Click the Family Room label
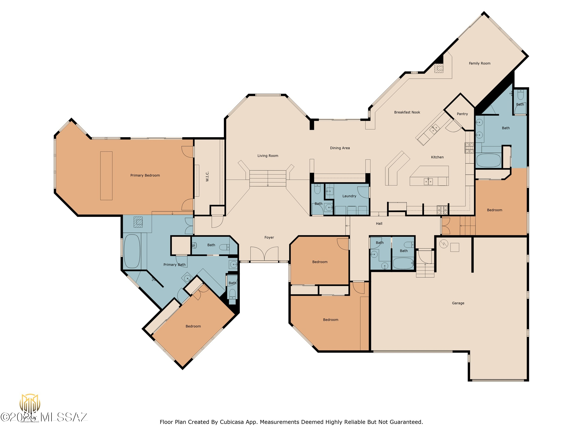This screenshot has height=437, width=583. [x=479, y=63]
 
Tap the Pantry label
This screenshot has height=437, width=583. [x=462, y=114]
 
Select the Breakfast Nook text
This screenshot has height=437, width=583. [x=407, y=112]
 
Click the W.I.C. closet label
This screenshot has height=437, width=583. [x=207, y=176]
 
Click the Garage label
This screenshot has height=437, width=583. [x=458, y=303]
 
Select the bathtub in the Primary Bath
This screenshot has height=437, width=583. [x=132, y=251]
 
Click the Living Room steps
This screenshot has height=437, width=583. [x=268, y=178]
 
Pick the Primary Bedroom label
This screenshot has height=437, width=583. [x=145, y=175]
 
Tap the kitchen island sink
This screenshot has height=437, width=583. [x=428, y=182]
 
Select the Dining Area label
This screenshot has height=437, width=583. [x=340, y=148]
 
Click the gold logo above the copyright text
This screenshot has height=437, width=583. [x=30, y=403]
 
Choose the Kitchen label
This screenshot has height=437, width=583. [x=437, y=157]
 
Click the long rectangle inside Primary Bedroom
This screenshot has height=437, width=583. [x=106, y=176]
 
